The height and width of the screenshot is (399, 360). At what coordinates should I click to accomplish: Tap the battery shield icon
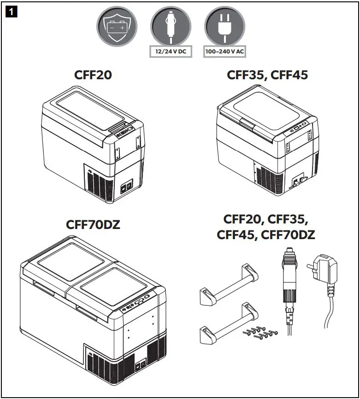tap(116, 26)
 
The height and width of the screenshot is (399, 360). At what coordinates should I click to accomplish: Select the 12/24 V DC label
tap(171, 51)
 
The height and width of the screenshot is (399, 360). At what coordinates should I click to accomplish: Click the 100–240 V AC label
tap(225, 51)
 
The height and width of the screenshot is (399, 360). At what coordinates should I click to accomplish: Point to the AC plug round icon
tap(225, 26)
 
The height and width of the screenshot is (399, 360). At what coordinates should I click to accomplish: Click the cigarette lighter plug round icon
tap(171, 26)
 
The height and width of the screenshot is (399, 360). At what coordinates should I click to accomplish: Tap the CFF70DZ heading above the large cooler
tap(94, 225)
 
